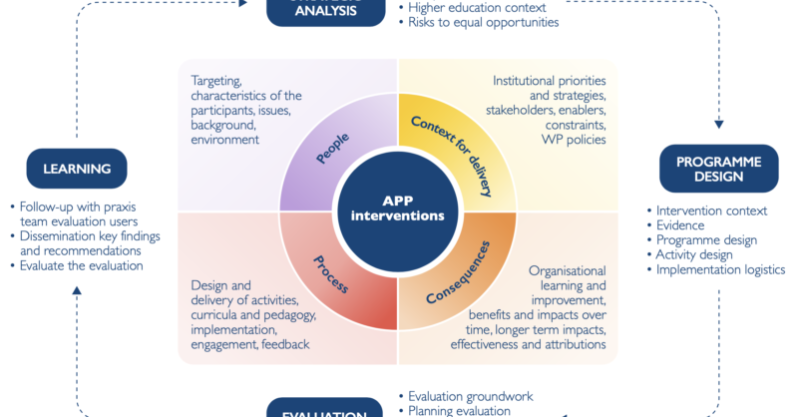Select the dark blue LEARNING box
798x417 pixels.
click(77, 170)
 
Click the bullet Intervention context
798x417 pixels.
click(711, 210)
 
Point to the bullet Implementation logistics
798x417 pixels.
click(720, 269)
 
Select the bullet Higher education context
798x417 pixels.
click(474, 7)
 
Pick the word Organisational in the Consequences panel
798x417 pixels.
click(567, 269)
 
